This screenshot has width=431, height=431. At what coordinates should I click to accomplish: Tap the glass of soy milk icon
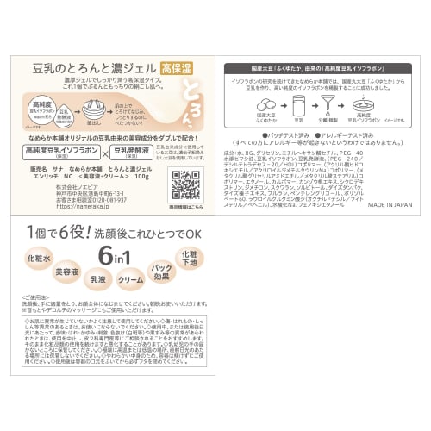(x=298, y=103)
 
